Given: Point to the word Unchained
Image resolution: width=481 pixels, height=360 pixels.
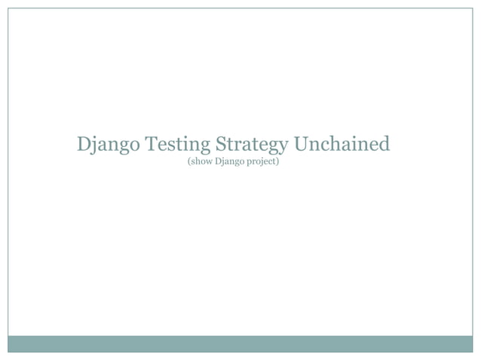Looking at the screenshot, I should [x=342, y=142].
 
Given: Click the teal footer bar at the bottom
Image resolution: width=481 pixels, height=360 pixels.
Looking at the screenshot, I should [x=240, y=343].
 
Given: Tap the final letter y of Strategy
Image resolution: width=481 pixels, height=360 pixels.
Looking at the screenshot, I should [x=281, y=145].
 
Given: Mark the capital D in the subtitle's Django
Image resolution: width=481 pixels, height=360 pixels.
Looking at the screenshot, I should [x=218, y=161].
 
